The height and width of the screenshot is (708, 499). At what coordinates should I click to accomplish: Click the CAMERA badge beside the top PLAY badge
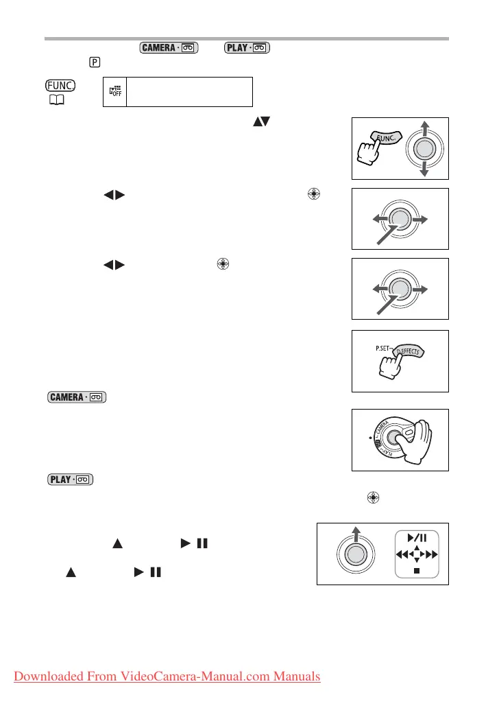click(168, 48)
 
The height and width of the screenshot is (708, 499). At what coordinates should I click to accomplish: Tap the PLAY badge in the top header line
click(241, 48)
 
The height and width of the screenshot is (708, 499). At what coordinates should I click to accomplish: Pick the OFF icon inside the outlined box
click(112, 91)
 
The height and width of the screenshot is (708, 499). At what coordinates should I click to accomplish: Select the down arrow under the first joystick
click(424, 171)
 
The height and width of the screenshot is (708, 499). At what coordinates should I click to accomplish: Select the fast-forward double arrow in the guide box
click(435, 554)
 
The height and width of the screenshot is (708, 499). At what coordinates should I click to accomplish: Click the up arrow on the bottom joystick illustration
click(355, 534)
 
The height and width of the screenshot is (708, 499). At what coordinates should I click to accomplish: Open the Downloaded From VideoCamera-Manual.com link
click(166, 676)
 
